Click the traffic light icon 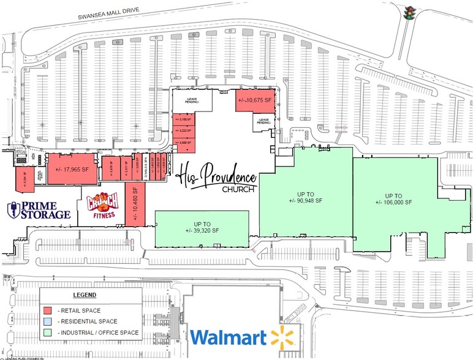pos(409,12)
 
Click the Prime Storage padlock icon pos(11,210)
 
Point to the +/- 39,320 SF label pos(202,226)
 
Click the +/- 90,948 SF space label pos(306,201)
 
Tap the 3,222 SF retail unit pos(184,130)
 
